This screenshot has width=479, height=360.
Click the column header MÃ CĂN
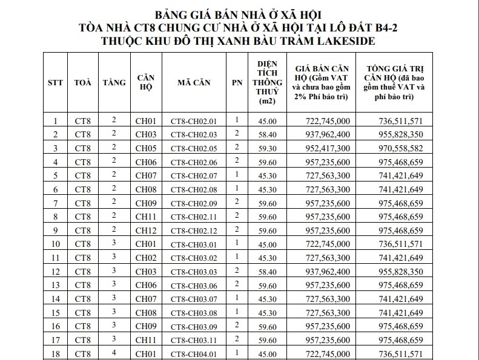click(x=194, y=82)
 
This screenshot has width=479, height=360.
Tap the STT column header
click(x=56, y=82)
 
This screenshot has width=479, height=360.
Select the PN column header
click(x=237, y=82)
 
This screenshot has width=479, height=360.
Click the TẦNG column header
click(x=114, y=82)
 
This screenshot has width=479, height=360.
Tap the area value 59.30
click(x=267, y=148)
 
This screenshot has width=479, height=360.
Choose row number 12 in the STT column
click(x=56, y=272)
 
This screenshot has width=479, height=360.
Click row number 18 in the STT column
click(x=56, y=354)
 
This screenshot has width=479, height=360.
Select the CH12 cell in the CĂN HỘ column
click(x=146, y=231)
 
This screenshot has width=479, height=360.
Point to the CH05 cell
click(x=146, y=148)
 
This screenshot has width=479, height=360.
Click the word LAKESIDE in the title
click(x=344, y=41)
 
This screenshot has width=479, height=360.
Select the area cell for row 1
click(x=267, y=121)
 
